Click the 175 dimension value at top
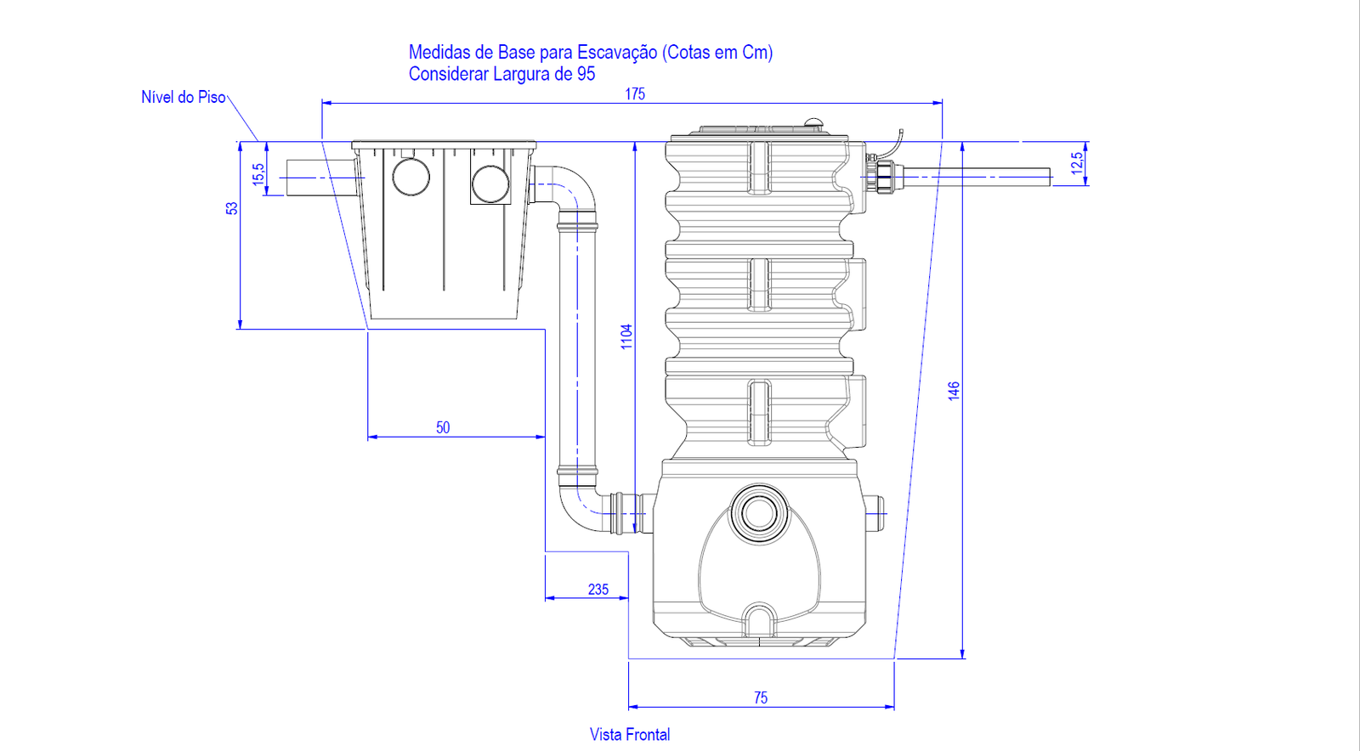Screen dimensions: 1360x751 634,94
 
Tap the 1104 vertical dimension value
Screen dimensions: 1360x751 626,336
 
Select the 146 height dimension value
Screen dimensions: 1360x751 954,391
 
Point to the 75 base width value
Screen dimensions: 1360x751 761,697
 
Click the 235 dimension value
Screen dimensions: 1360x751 598,589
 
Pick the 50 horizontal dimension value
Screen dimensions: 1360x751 443,427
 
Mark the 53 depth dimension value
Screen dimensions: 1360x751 231,208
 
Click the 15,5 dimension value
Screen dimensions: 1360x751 258,174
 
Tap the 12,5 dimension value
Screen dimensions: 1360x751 1077,163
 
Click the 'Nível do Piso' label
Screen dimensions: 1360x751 184,97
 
